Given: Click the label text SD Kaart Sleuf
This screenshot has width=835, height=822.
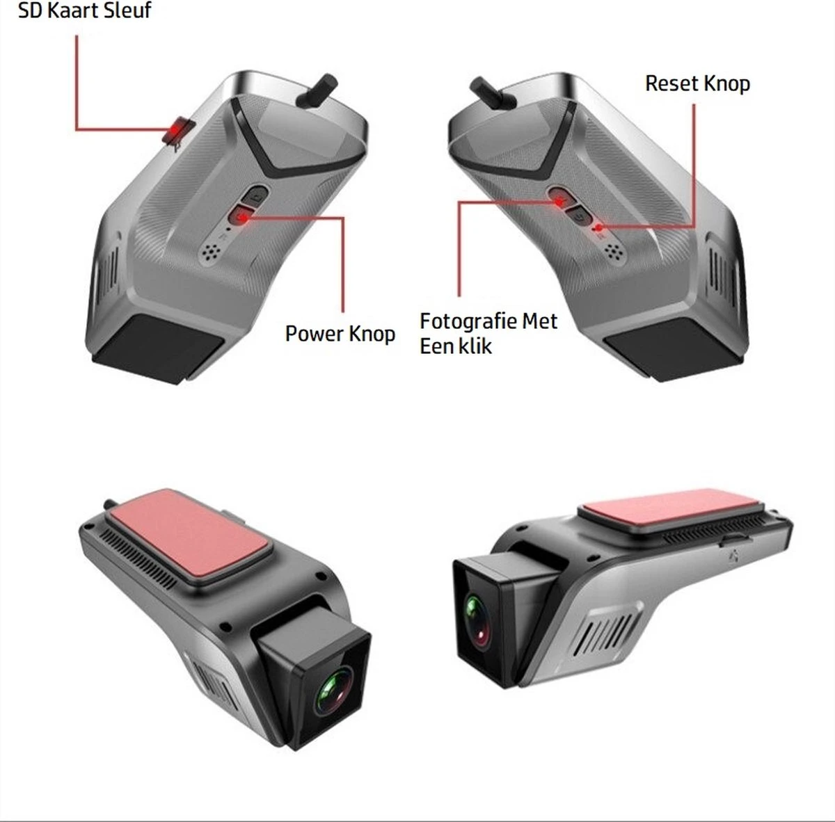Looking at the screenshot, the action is coord(84,10).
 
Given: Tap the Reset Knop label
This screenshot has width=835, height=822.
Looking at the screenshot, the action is coord(698,83).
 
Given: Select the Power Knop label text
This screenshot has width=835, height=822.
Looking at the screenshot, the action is coord(340,334).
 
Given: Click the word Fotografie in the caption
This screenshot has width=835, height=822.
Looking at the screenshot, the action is coord(468,322).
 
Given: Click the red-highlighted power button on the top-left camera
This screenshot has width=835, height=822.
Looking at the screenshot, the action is coord(240,216).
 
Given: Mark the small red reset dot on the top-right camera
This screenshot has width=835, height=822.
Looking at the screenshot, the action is coord(599,227).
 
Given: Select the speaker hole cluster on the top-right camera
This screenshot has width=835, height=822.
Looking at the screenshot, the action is coord(614,251).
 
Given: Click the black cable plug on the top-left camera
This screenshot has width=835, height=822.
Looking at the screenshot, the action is coord(317,91).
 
